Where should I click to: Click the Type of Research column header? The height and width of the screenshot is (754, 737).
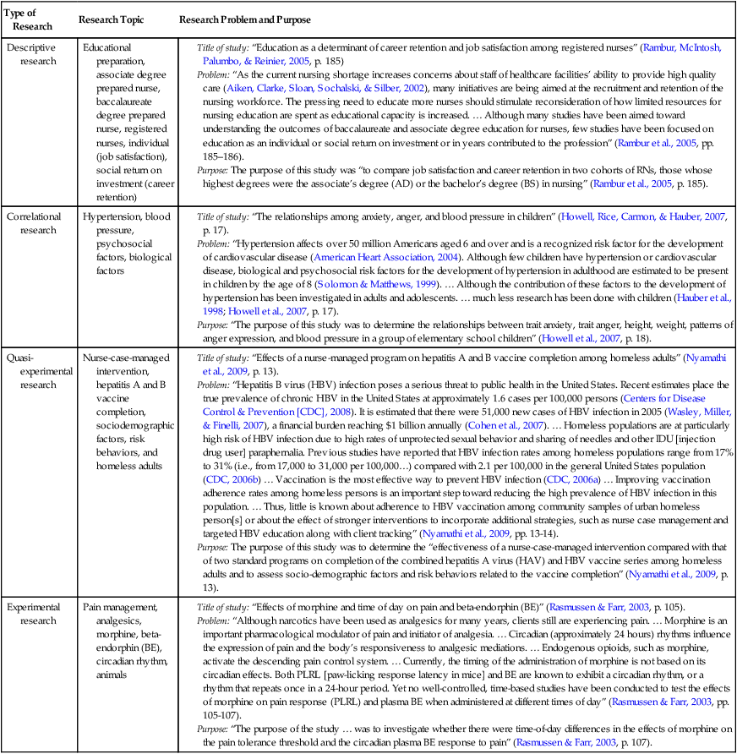point(32,20)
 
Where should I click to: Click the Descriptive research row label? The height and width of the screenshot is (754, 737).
point(32,54)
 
